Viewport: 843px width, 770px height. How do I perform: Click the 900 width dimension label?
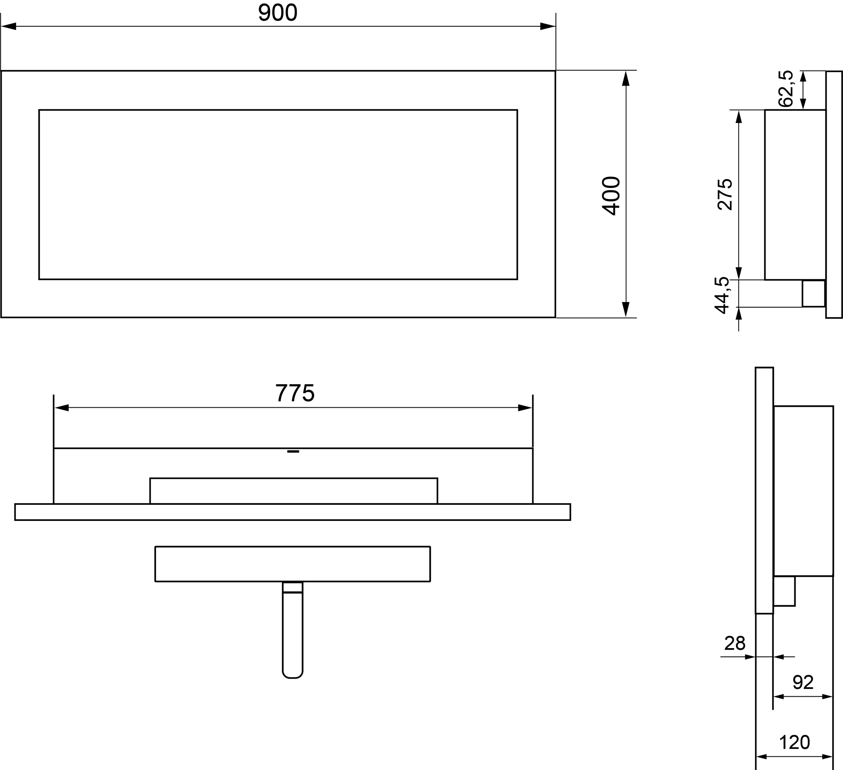(x=278, y=12)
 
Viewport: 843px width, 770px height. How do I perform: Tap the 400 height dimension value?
(x=611, y=196)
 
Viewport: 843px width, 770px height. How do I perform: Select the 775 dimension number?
(x=295, y=393)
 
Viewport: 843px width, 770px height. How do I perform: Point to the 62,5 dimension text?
(x=785, y=88)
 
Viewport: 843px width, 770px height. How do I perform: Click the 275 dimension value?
(x=725, y=194)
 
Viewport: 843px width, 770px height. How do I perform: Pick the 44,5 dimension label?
(x=722, y=295)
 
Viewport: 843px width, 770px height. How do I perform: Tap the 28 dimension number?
(x=735, y=643)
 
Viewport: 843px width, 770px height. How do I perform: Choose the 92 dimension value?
(x=803, y=682)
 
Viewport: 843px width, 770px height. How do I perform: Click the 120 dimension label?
(x=794, y=742)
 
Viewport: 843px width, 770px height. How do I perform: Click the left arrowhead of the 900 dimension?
(x=9, y=26)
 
